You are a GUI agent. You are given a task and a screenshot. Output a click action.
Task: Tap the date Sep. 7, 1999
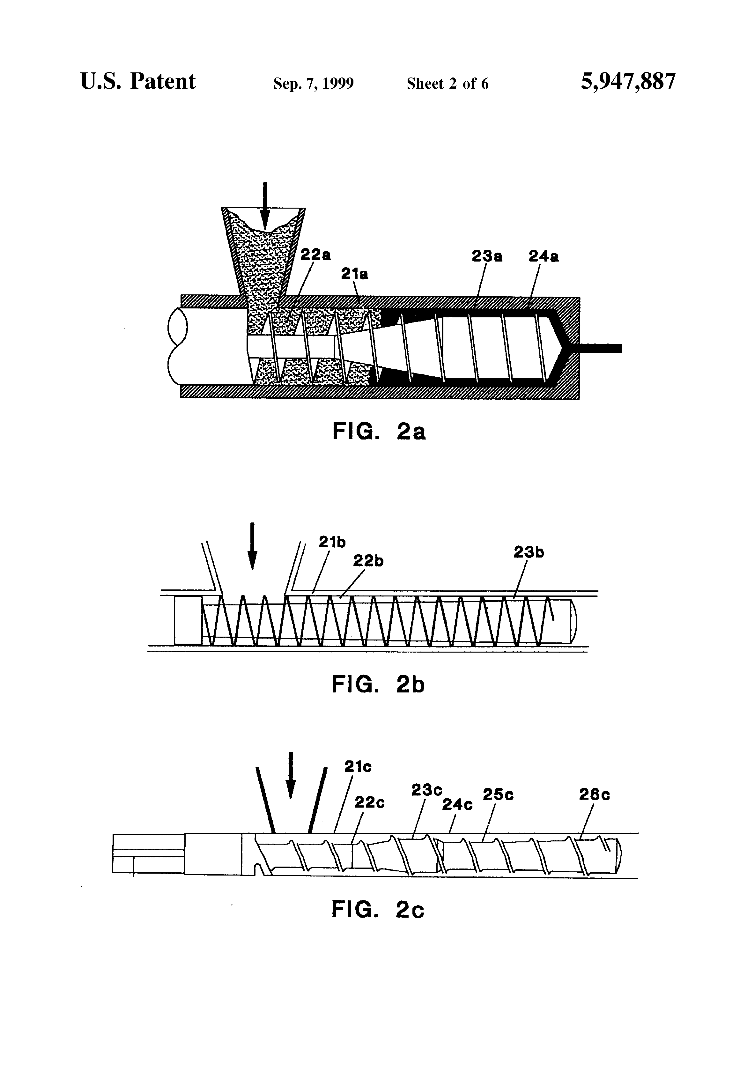coord(314,84)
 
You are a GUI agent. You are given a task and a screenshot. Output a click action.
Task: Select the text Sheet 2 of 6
coord(448,84)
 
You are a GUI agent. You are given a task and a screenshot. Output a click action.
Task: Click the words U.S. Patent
coord(138,81)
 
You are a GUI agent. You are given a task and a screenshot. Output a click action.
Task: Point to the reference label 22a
coord(315,255)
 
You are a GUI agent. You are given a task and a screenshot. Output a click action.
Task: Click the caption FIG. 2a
coord(379,431)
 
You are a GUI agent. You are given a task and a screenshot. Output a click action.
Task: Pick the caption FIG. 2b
coord(378,685)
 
